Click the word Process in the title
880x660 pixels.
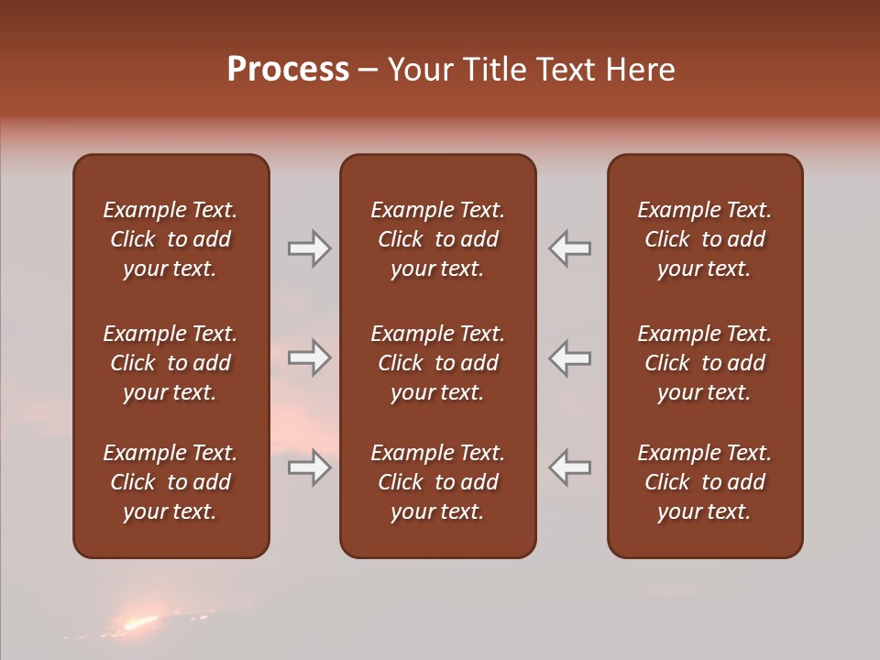tap(288, 70)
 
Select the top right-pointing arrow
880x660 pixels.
tap(310, 248)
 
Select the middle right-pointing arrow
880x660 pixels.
tap(310, 357)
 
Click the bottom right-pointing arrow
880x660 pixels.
tap(310, 467)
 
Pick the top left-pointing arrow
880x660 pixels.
tap(569, 248)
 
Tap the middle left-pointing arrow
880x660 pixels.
tap(569, 357)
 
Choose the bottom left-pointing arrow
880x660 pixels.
tap(569, 467)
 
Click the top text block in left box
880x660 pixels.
tap(170, 239)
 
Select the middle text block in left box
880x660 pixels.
tap(170, 363)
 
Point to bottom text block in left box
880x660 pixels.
tap(170, 482)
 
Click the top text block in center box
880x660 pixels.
tap(437, 239)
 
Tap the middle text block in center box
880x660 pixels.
tap(437, 363)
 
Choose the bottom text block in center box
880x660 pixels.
tap(437, 482)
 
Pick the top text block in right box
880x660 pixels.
tap(705, 239)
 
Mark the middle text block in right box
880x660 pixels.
tap(705, 363)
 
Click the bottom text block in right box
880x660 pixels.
tap(705, 482)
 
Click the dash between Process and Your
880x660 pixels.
tap(368, 71)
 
